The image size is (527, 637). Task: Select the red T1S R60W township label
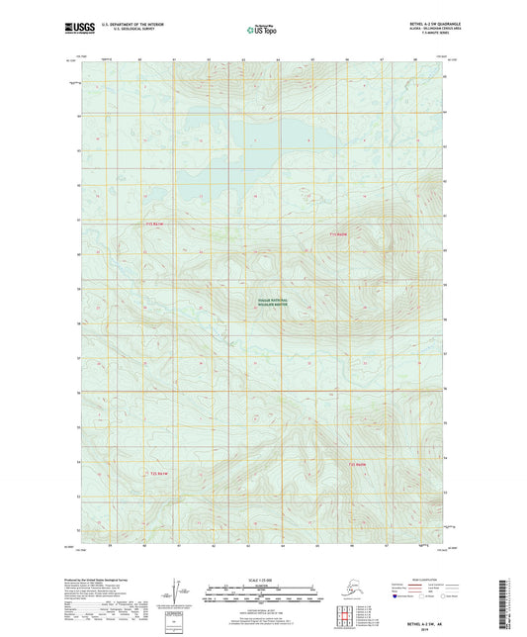pyautogui.click(x=338, y=234)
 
